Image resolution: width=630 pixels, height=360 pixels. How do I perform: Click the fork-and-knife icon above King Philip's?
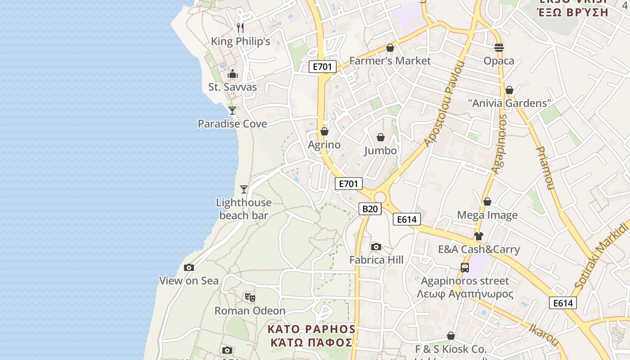240,28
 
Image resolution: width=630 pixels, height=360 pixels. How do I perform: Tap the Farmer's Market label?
390,61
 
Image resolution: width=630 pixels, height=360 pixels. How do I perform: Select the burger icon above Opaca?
499,47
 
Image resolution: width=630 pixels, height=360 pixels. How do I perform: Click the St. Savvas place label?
232,87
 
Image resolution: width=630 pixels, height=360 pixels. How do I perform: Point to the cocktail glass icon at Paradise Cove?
232,110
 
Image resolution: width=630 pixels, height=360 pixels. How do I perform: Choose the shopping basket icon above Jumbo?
381,137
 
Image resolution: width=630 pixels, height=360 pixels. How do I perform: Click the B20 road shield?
370,209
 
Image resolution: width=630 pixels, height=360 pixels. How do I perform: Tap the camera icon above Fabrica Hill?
376,247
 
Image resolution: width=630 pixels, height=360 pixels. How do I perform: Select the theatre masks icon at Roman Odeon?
250,297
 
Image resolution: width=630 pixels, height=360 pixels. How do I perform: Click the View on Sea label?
189,281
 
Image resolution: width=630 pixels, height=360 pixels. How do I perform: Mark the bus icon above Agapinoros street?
465,268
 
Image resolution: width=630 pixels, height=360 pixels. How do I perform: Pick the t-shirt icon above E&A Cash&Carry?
478,236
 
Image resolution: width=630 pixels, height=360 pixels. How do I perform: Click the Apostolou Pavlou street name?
444,103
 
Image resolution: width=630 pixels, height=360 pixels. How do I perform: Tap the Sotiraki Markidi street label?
601,256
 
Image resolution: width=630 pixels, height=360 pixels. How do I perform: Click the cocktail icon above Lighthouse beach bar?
244,189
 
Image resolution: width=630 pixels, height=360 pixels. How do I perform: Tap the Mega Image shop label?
487,215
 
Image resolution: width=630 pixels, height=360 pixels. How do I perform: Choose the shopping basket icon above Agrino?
324,132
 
